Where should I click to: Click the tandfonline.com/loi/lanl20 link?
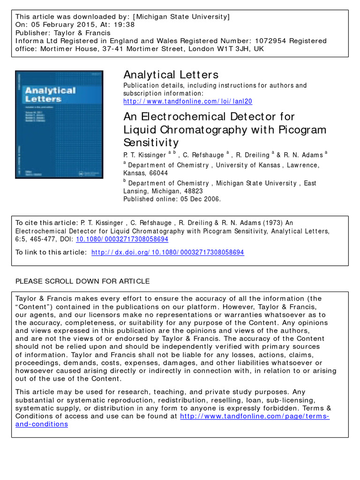click(187, 101)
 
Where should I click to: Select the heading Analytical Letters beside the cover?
click(171, 75)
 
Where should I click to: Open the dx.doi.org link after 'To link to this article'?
click(167, 252)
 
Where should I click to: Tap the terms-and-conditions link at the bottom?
click(42, 424)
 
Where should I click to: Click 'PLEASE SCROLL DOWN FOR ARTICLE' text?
click(83, 281)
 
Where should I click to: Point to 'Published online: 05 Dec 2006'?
click(172, 199)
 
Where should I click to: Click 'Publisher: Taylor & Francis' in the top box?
click(63, 33)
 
